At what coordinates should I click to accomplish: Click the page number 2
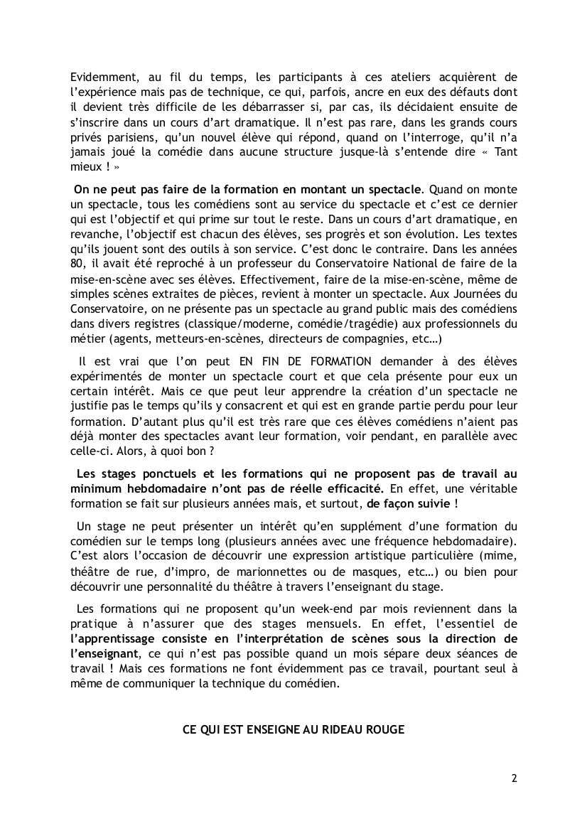[514, 777]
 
